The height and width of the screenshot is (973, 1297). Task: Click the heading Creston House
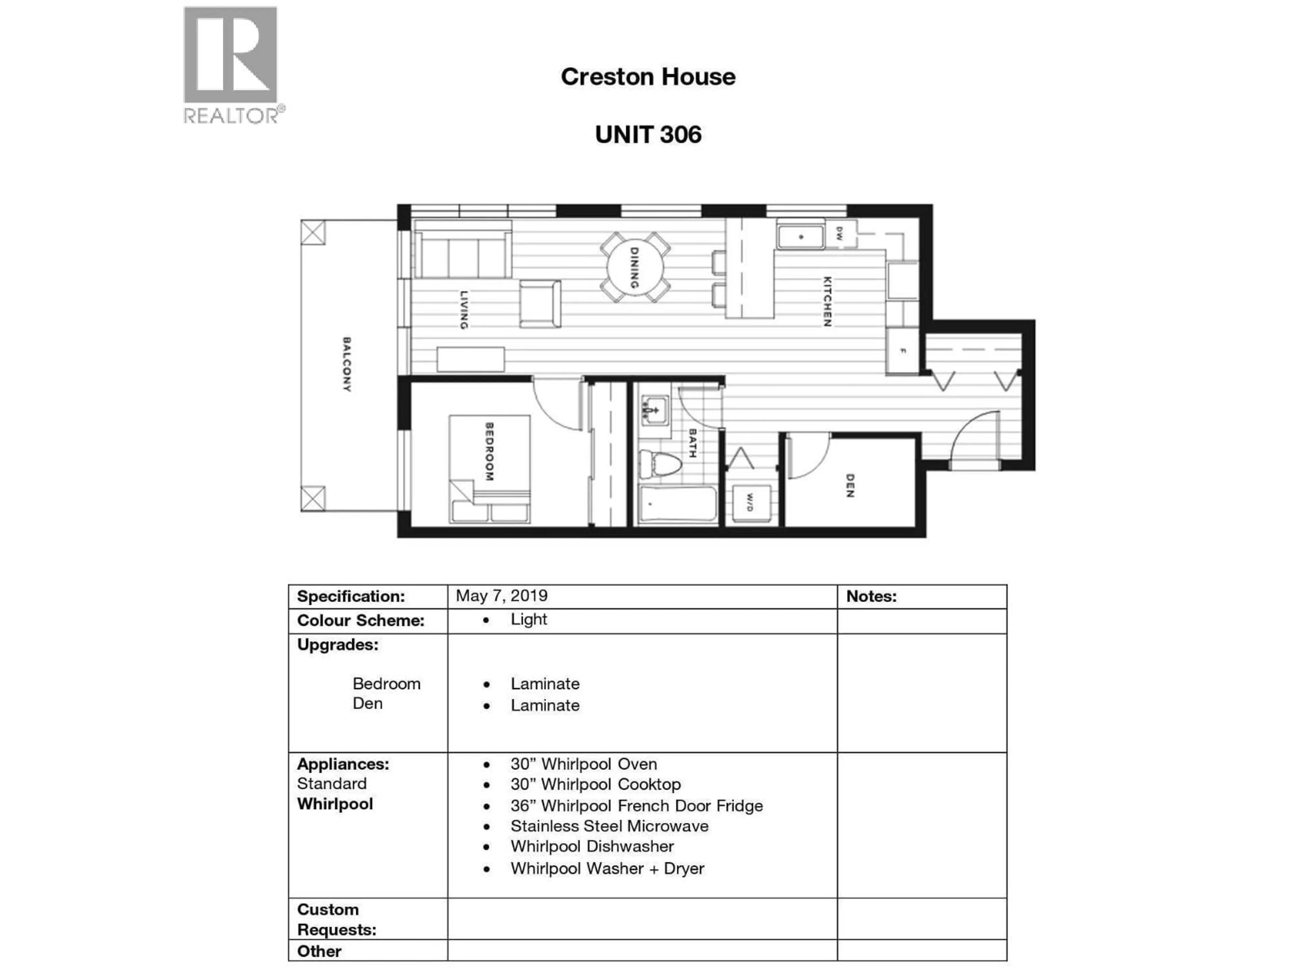pyautogui.click(x=647, y=77)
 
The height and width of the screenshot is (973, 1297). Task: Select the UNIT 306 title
pyautogui.click(x=647, y=134)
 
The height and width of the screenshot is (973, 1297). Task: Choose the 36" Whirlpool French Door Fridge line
pyautogui.click(x=636, y=806)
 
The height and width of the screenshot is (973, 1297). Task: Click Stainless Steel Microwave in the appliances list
pyautogui.click(x=609, y=826)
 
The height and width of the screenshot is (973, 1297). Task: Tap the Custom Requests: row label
pyautogui.click(x=336, y=920)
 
